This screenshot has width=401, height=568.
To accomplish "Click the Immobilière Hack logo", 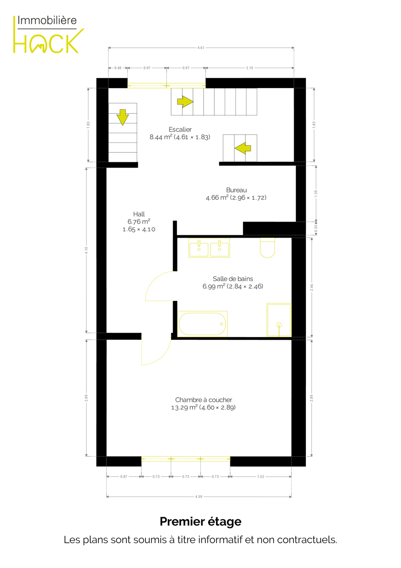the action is click(x=48, y=35).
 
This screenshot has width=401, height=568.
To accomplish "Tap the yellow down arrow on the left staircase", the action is click(x=122, y=117).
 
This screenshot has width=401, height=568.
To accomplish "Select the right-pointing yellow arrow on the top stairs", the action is click(x=185, y=102).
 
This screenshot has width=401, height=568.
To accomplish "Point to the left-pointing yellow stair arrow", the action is click(x=243, y=148).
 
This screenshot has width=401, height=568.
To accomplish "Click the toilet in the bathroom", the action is click(x=267, y=248).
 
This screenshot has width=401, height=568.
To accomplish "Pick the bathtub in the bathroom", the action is click(x=202, y=324).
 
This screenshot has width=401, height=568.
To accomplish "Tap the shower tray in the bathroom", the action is click(x=279, y=320).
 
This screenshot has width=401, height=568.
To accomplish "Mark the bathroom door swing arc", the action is click(x=153, y=280).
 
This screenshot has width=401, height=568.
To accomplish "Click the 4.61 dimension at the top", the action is click(x=200, y=48).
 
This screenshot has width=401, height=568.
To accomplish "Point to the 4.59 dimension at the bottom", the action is click(x=199, y=497).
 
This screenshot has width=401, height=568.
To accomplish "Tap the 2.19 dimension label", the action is click(x=250, y=68).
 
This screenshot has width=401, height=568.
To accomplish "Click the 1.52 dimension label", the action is click(x=261, y=477).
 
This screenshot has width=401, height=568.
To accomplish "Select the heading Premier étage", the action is click(x=200, y=522).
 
